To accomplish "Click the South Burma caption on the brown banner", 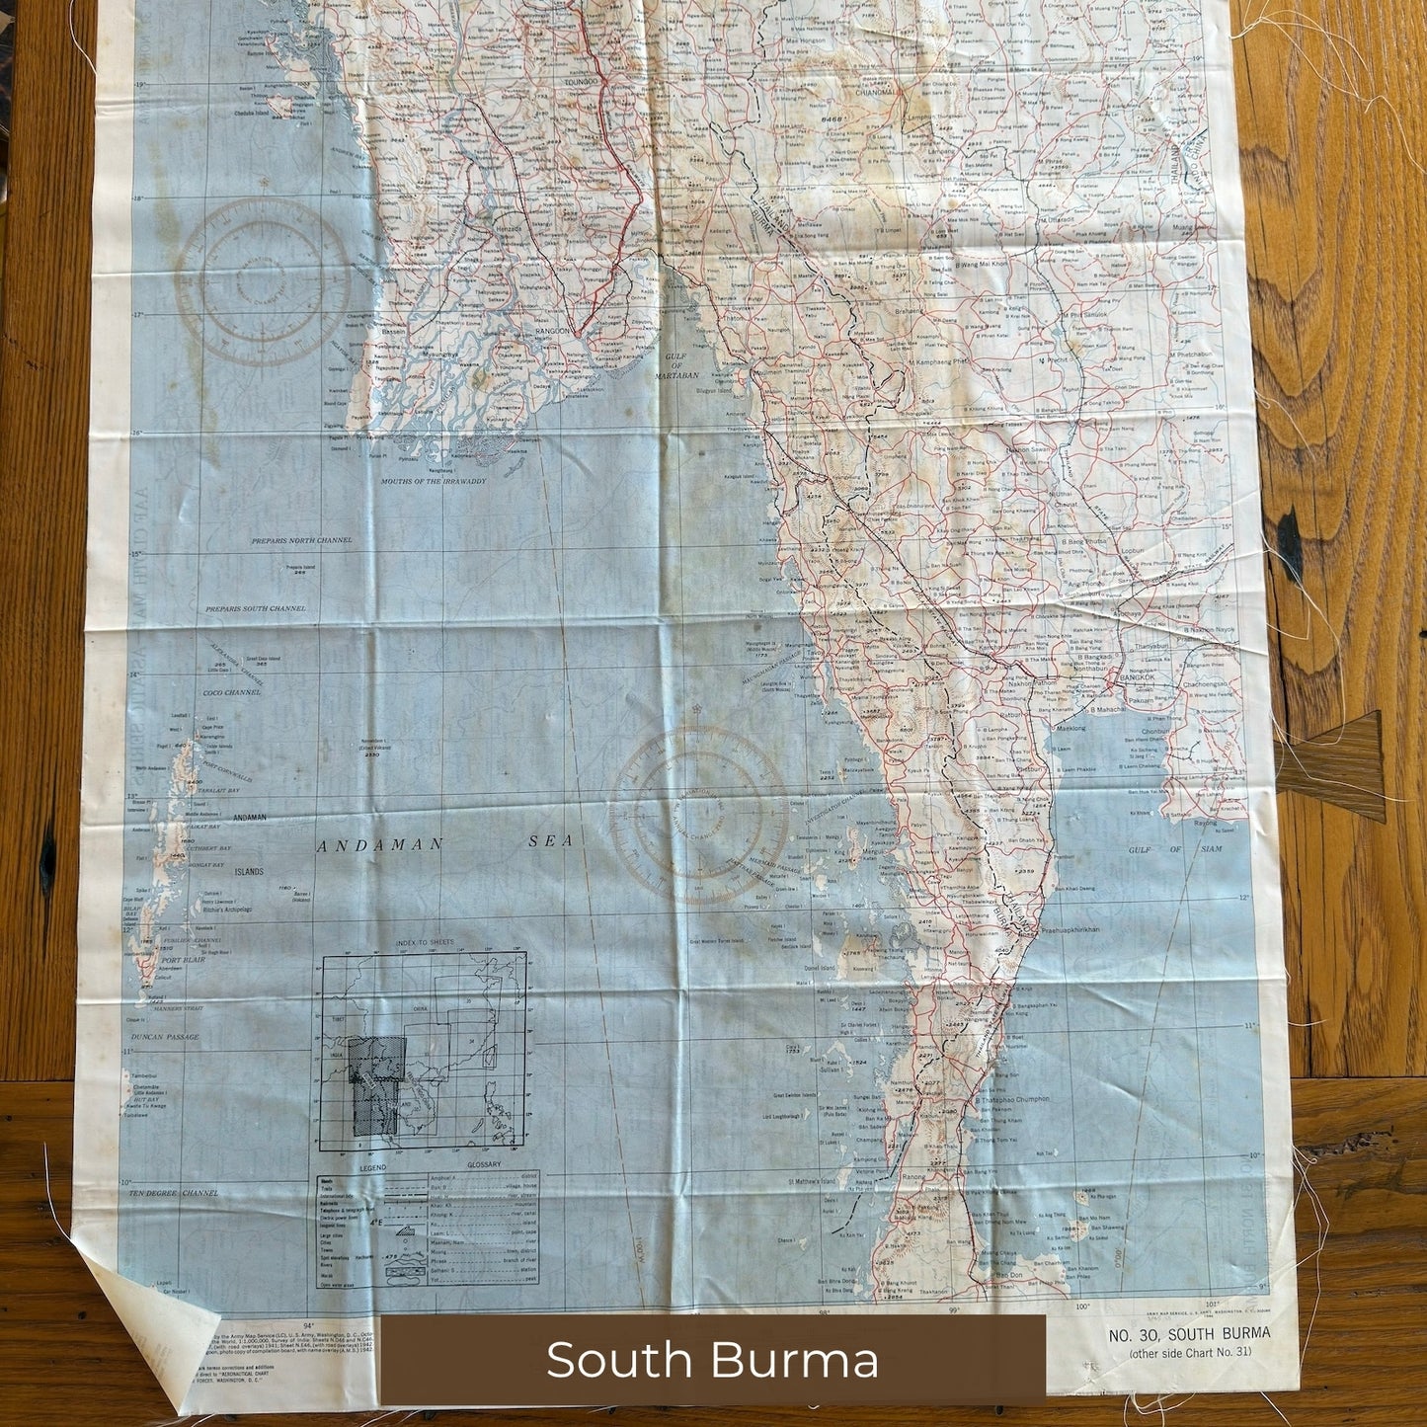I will coord(712,1360).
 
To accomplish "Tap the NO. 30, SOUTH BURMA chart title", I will coord(1189,1334).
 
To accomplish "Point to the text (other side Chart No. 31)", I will coord(1190,1352).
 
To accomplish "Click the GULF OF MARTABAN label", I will coord(676,365).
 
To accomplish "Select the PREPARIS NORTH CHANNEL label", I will coord(301,541).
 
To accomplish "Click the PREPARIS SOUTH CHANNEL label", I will coord(255,609).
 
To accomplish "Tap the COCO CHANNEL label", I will coord(231,692).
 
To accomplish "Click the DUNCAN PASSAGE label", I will coord(165,1037).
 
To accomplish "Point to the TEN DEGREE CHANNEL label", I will coord(173,1193).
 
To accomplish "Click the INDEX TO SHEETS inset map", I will coord(423,1052).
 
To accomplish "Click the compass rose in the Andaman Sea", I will coord(699,817).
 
